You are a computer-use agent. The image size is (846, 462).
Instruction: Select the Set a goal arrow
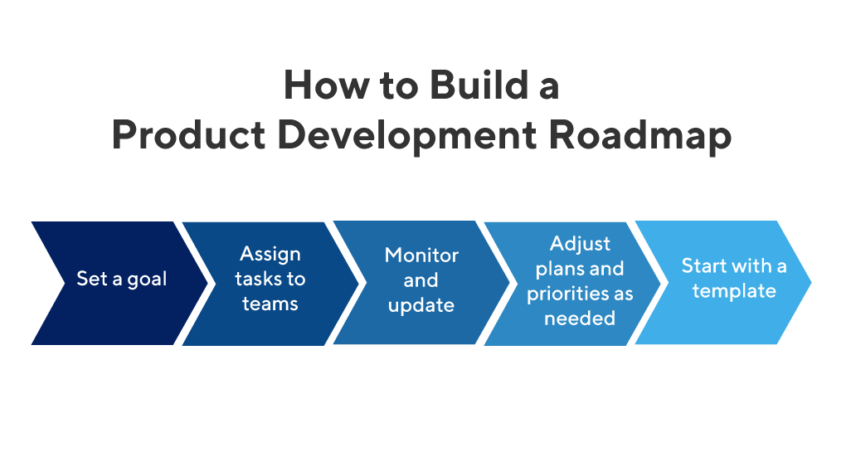[120, 283]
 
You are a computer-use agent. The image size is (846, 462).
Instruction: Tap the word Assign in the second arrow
[270, 254]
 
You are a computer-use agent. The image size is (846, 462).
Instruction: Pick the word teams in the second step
[270, 304]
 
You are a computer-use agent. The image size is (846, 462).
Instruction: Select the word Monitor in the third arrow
[421, 255]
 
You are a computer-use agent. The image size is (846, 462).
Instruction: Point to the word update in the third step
[421, 305]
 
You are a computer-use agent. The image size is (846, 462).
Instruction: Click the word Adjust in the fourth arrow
[580, 244]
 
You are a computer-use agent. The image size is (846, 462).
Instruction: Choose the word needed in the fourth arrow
[580, 319]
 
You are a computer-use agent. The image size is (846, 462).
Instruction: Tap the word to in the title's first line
[389, 86]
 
